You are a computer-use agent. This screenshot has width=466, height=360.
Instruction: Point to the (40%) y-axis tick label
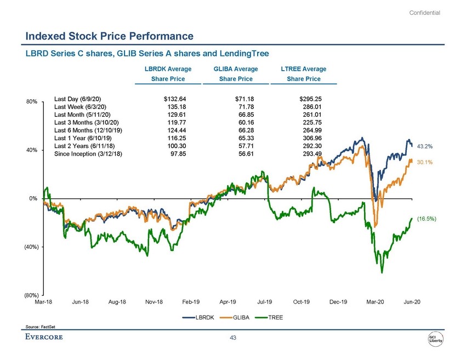point(31,247)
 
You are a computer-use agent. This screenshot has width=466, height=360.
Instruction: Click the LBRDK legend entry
point(204,317)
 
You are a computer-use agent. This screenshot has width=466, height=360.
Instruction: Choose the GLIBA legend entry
point(241,317)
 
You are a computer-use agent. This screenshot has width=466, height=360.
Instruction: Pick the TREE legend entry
point(276,317)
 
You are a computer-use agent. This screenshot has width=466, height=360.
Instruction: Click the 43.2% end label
point(425,146)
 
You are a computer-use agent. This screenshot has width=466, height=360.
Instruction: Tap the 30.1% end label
point(425,162)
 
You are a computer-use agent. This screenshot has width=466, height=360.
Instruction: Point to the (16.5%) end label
point(427,219)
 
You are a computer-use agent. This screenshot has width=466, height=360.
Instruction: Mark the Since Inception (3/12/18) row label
point(88,154)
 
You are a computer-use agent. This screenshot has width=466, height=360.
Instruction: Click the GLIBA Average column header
point(235,69)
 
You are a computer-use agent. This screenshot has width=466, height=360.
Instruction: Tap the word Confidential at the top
point(425,13)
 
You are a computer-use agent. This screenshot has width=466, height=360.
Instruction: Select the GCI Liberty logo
point(437,338)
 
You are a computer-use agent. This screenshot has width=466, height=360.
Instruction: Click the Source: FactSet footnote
point(41,327)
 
